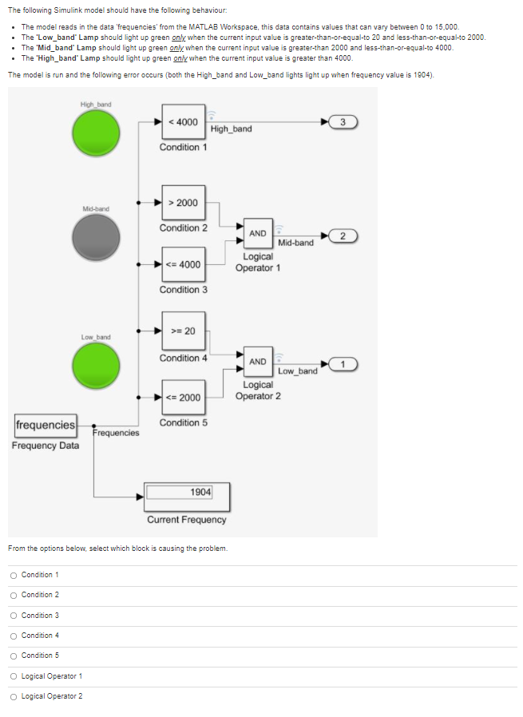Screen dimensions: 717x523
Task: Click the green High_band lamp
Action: [x=96, y=132]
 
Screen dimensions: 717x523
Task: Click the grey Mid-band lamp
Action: [x=96, y=236]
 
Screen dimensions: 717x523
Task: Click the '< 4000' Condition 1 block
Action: [x=183, y=122]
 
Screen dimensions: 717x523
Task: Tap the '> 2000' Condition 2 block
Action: [x=183, y=203]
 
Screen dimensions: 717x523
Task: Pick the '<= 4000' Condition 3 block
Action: [x=183, y=264]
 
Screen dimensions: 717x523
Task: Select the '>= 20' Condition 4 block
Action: [x=183, y=331]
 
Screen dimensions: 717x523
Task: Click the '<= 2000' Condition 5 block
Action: [x=183, y=398]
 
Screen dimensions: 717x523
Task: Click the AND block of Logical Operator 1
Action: [x=257, y=234]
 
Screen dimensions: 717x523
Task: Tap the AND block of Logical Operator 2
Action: [x=257, y=362]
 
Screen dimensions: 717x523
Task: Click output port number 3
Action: [x=342, y=122]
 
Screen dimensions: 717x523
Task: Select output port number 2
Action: [x=342, y=235]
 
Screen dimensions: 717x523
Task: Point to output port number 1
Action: [x=342, y=364]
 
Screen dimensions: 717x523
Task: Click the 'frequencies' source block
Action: [x=46, y=425]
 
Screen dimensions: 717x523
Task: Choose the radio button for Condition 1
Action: [x=14, y=575]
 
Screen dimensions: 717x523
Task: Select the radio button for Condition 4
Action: [x=14, y=636]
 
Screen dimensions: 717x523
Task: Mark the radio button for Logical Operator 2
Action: [x=14, y=696]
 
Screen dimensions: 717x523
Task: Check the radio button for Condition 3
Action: [x=14, y=616]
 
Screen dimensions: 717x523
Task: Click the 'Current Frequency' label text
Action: [x=186, y=520]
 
